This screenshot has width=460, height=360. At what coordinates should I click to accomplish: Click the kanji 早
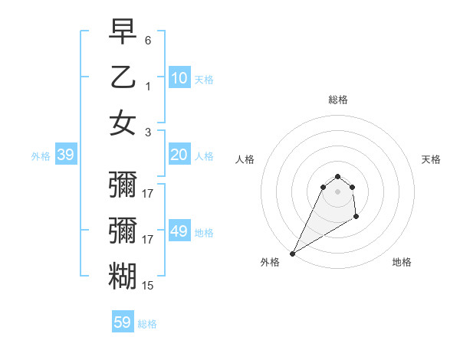pos(123,32)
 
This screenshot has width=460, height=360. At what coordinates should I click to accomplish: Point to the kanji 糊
pos(123,276)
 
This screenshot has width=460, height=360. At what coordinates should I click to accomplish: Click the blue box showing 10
pos(179,77)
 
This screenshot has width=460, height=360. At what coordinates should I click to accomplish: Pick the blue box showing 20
pos(179,155)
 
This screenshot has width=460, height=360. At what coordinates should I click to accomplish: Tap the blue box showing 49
pos(179,231)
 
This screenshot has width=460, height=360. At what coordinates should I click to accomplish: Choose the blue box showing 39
pos(65,155)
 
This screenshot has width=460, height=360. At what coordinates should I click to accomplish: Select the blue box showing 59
pos(123,322)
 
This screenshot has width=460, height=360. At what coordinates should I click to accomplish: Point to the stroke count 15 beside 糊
pos(148,286)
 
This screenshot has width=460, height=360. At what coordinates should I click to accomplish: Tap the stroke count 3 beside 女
pos(148,132)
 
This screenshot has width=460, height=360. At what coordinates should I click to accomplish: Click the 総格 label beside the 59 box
pos(147,324)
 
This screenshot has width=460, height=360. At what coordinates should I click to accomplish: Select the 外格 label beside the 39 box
pos(41,156)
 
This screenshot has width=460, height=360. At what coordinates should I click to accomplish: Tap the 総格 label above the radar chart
pos(337,100)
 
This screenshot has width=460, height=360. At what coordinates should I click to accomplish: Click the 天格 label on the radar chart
pos(432,159)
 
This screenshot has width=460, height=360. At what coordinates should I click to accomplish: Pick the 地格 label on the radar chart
pos(402,262)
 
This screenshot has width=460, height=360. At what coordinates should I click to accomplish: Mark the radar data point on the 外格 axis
pos(292,254)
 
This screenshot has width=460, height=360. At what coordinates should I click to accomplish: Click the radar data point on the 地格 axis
pos(356,218)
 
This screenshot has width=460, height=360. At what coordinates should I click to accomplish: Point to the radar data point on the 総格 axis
pos(337,177)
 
